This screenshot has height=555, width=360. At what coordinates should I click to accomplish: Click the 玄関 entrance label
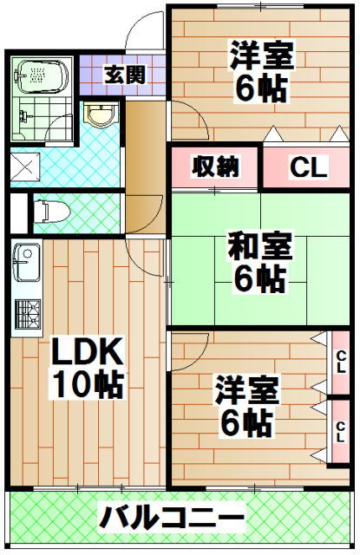coord(123,75)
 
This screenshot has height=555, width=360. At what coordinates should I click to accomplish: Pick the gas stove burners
coord(26,314)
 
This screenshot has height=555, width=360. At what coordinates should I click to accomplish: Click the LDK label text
coord(87,351)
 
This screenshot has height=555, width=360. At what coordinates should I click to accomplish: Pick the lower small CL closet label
coord(340,428)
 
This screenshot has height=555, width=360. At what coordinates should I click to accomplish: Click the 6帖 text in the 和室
coord(259,280)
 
